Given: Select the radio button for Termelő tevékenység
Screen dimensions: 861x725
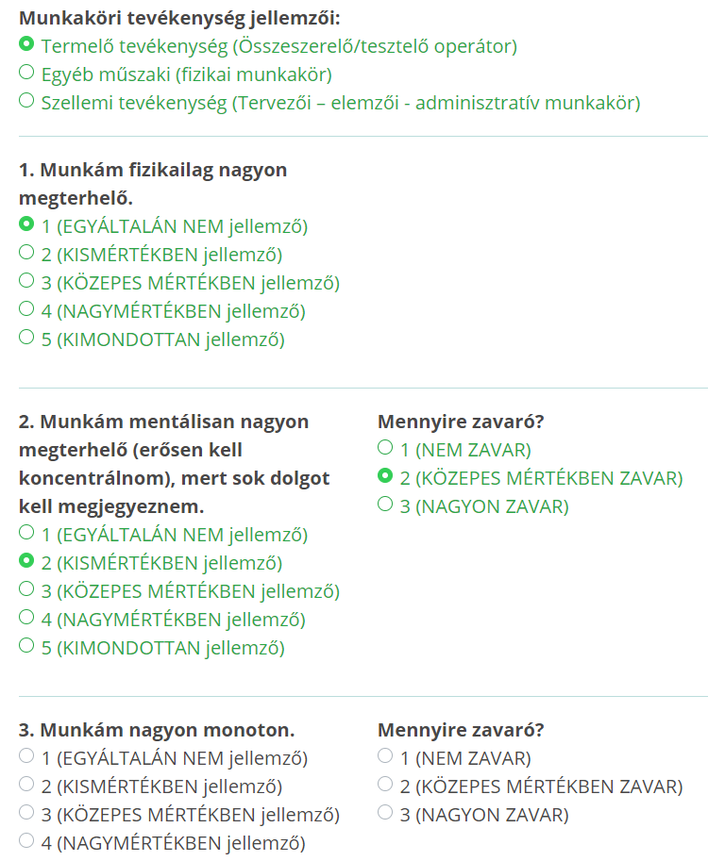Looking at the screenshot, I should (x=26, y=44).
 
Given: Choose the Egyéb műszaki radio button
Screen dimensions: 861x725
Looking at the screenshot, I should (x=26, y=73).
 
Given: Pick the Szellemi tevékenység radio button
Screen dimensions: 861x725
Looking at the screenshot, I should (x=26, y=101).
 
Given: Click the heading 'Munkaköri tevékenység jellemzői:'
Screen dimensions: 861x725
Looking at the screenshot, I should (x=179, y=18).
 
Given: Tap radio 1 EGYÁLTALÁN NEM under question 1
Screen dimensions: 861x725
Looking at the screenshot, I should (x=26, y=225).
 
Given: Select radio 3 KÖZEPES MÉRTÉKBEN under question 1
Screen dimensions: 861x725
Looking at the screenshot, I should (x=26, y=281).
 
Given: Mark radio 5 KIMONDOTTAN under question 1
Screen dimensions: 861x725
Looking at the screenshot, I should (x=26, y=338).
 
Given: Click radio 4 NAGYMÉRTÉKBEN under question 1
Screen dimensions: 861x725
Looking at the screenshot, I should (x=26, y=309).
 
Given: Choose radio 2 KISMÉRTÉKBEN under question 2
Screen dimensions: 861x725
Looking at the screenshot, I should (x=26, y=562).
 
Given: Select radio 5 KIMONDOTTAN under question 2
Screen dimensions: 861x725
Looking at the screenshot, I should (x=26, y=646).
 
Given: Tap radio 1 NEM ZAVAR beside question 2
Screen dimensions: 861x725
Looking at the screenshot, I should (x=385, y=448).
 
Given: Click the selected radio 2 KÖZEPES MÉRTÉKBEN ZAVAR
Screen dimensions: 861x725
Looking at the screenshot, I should (x=385, y=477).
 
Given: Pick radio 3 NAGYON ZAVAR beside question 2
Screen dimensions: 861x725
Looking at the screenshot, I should (x=385, y=505).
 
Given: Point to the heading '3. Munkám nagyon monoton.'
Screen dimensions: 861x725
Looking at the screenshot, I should (x=157, y=730).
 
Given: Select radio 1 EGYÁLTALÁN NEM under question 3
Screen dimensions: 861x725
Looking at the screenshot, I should (x=26, y=756).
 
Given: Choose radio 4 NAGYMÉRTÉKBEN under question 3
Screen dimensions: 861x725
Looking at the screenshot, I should (x=26, y=841).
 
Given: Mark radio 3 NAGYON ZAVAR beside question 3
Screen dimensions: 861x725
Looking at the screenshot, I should (x=385, y=813).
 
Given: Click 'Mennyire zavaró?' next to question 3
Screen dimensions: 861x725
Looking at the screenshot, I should (x=461, y=730).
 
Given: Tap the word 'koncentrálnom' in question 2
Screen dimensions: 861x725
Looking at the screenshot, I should (x=78, y=478).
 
